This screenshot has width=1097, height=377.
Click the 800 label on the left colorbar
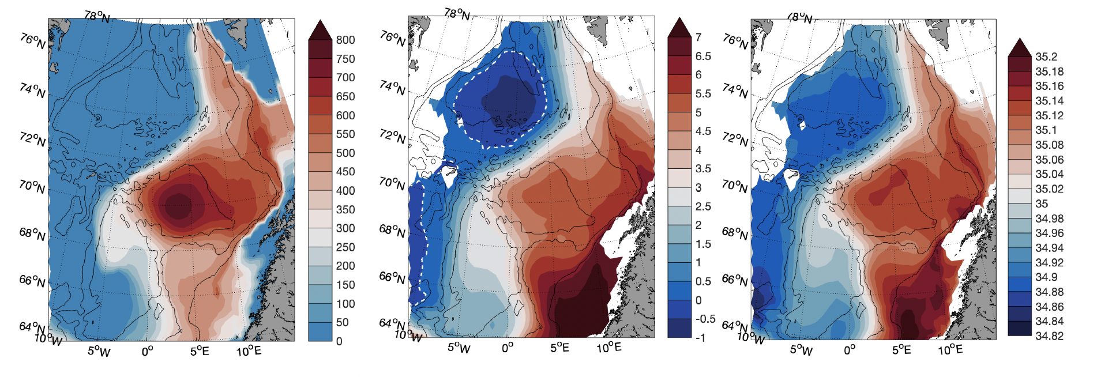point(345,40)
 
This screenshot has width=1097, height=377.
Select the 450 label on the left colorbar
point(345,172)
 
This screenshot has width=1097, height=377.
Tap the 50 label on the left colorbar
point(342,322)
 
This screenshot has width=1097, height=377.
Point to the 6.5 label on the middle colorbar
point(703,56)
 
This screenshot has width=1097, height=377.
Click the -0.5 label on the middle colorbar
point(705,319)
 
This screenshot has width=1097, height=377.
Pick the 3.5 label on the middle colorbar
point(702,168)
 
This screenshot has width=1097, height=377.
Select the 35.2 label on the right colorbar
point(1046,56)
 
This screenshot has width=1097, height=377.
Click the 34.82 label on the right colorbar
point(1049,335)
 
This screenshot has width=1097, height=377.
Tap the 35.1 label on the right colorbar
point(1046,130)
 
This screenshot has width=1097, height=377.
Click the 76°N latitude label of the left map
point(32,41)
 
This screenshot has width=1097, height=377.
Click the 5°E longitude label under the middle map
point(559,348)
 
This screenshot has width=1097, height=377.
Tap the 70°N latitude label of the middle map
point(392,184)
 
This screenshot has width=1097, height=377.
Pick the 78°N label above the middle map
point(457,13)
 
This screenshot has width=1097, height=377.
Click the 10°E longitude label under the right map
point(950,349)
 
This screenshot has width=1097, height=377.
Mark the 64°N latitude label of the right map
point(735,327)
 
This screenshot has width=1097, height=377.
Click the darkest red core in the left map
point(178,205)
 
